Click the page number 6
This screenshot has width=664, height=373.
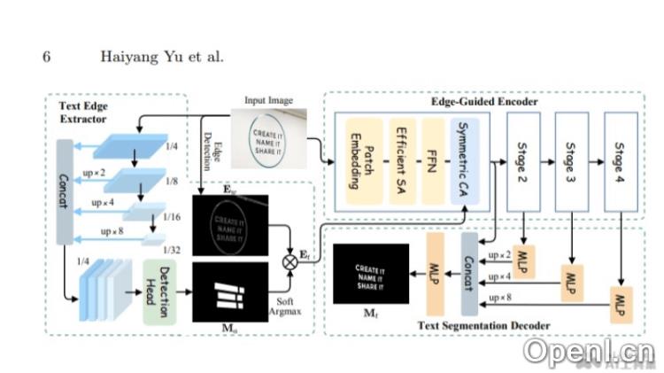47,58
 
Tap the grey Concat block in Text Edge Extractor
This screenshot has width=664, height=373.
66,190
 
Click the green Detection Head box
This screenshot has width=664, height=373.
160,291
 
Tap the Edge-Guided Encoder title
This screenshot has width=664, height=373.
483,102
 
